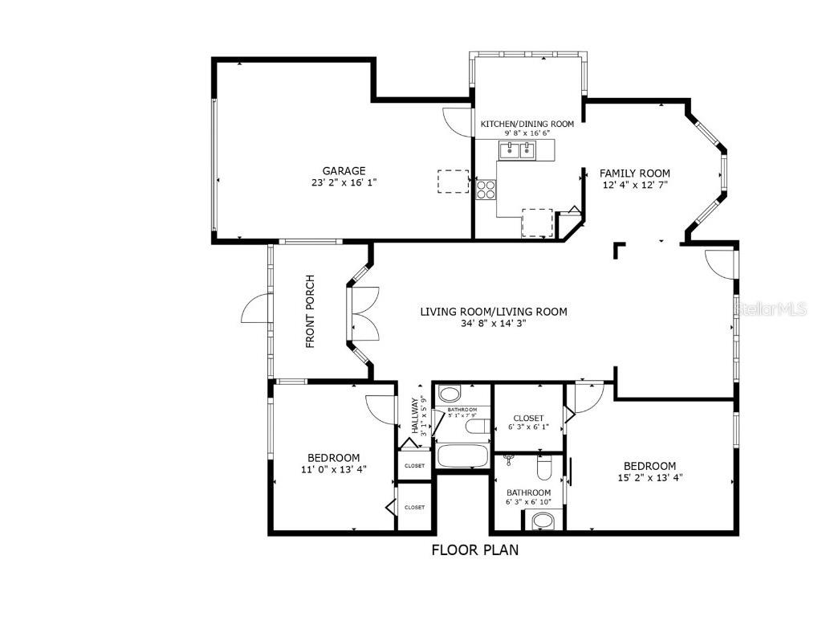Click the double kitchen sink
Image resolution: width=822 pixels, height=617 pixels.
coord(518,149)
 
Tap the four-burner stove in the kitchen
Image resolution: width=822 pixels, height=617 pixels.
coord(486,189)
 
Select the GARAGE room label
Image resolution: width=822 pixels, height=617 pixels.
coord(344,170)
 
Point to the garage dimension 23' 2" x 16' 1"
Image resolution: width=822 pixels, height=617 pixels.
coord(344,182)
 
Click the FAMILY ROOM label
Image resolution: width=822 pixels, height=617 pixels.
coord(635,173)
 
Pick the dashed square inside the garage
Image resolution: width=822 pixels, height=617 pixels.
coord(453,181)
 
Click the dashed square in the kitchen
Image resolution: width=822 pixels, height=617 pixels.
coord(538,222)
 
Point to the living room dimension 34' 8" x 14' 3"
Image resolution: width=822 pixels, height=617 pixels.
coord(494,324)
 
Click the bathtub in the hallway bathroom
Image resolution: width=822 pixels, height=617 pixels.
coord(463,456)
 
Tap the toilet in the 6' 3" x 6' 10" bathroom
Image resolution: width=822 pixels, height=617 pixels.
coord(543,466)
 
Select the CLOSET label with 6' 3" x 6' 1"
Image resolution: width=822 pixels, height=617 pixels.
coord(528,418)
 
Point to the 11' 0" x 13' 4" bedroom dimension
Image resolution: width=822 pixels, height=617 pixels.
coord(334,470)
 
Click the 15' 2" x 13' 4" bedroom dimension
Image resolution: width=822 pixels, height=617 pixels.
coord(650,477)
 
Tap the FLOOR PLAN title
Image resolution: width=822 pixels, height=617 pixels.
coord(475,550)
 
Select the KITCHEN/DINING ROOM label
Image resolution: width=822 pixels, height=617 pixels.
coord(527,124)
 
